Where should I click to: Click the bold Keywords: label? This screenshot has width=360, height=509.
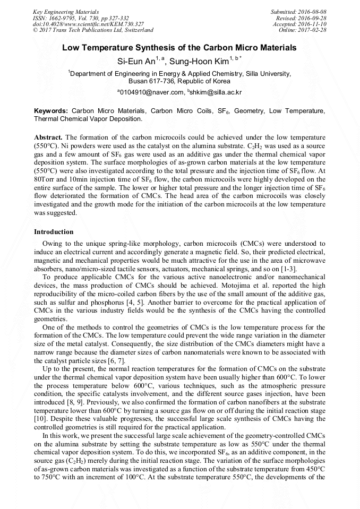pos(51,111)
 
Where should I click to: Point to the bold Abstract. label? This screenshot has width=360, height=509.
pos(48,136)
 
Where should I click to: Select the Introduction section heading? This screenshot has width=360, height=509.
pos(54,232)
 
